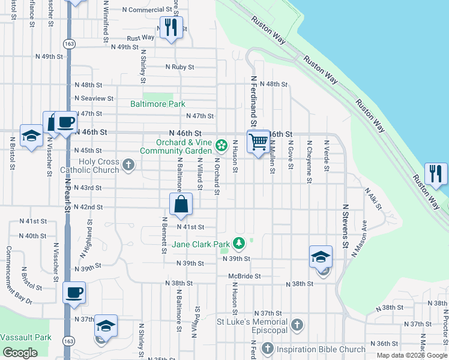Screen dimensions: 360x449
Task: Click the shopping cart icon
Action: point(258,142)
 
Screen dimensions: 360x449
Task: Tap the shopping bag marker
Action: point(181,205)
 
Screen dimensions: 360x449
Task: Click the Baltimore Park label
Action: point(158,104)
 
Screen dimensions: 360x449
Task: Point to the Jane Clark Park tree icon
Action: point(240,243)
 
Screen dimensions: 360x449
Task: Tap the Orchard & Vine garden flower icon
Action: point(221,145)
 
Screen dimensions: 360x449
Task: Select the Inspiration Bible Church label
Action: point(321,349)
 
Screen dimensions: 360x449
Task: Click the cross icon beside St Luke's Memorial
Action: point(296,326)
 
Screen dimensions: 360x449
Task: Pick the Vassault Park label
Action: point(26,337)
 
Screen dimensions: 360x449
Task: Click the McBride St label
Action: point(244,277)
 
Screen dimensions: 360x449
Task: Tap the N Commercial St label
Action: point(147,10)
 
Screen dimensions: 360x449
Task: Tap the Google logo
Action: point(20,353)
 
